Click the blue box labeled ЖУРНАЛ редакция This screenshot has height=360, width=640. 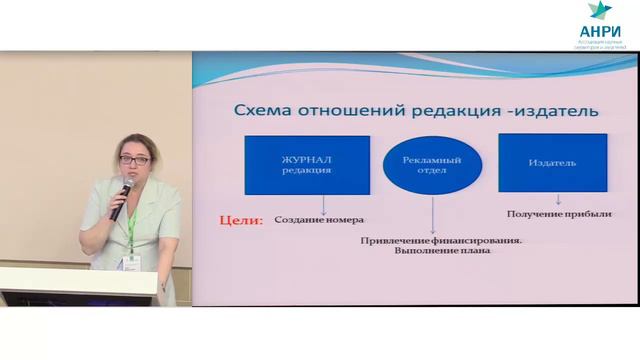tap(307, 165)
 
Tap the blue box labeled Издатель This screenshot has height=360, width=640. tap(552, 163)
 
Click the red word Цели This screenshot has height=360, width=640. tap(240, 218)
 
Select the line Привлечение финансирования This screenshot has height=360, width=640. tap(443, 240)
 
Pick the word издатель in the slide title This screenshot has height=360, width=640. tap(555, 109)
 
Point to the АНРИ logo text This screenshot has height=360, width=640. tap(599, 31)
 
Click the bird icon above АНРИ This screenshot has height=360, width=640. tap(599, 11)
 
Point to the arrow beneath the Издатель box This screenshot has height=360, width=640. tap(558, 200)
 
